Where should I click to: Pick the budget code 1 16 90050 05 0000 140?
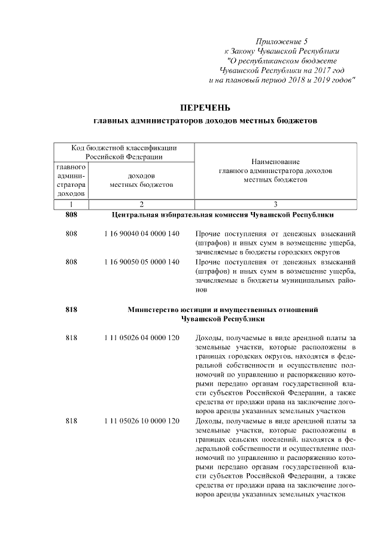coord(141,262)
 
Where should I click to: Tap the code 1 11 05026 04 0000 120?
coord(141,338)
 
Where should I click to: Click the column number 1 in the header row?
coord(71,204)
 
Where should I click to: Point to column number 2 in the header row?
coord(141,204)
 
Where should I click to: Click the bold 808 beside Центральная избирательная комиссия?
coord(71,214)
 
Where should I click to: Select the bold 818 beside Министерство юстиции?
coord(71,310)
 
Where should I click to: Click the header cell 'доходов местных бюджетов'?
coord(141,180)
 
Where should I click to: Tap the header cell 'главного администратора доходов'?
coord(71,180)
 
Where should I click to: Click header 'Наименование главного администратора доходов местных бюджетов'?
coord(275,171)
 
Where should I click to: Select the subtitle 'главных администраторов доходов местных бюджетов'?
coord(205,121)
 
